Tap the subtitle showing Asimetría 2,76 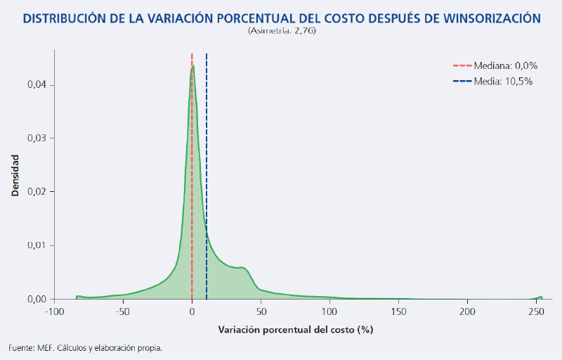281,32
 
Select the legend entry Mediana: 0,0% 504,65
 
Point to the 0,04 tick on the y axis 37,84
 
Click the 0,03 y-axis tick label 37,138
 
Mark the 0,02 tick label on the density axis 37,191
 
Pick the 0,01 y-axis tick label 37,245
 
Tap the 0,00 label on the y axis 37,299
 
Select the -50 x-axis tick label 122,311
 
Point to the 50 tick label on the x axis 261,311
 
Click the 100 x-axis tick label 329,311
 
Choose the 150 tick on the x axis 398,311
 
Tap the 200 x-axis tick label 466,311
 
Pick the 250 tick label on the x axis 535,311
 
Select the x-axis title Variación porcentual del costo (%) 294,329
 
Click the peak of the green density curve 192,67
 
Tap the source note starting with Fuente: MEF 84,347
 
